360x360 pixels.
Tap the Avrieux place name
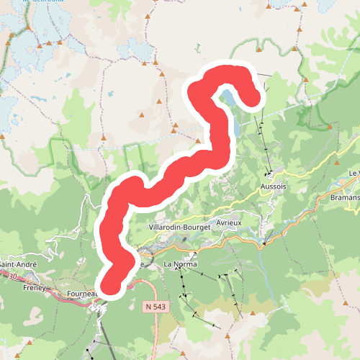pyautogui.click(x=230, y=222)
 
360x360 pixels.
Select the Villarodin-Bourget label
pyautogui.click(x=179, y=227)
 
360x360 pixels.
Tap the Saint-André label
pyautogui.click(x=17, y=264)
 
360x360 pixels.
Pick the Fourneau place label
pyautogui.click(x=81, y=294)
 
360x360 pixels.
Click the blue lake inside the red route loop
pyautogui.click(x=228, y=97)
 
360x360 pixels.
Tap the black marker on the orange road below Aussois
pyautogui.click(x=264, y=243)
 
